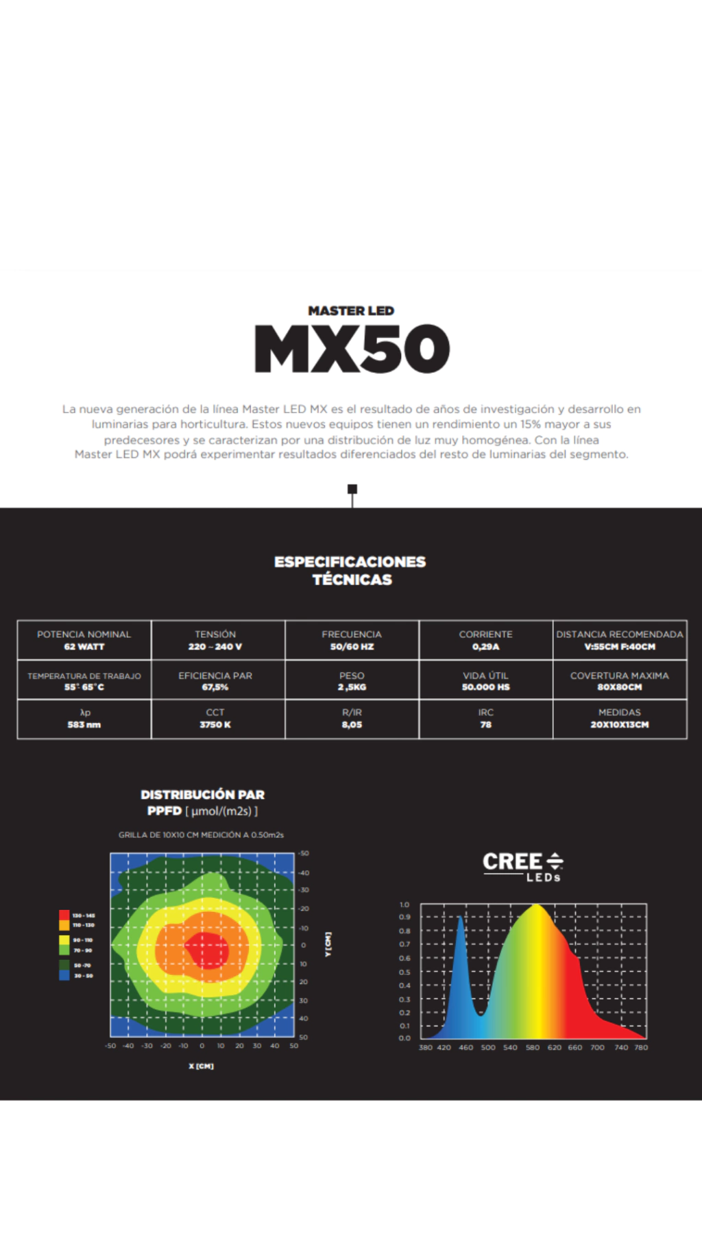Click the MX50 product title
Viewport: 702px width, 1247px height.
pyautogui.click(x=352, y=349)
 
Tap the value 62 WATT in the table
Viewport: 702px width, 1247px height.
pyautogui.click(x=84, y=647)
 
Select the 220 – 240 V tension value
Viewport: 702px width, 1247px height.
pyautogui.click(x=215, y=647)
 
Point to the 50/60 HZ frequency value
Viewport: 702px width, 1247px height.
pyautogui.click(x=352, y=647)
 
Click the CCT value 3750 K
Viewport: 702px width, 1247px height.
pyautogui.click(x=215, y=725)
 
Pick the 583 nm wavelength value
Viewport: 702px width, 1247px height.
pyautogui.click(x=84, y=725)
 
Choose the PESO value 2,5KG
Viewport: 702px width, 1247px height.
pyautogui.click(x=352, y=687)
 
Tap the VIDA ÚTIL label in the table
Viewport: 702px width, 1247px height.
pyautogui.click(x=485, y=676)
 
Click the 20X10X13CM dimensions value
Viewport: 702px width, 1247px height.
pyautogui.click(x=619, y=725)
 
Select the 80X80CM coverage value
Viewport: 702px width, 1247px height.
pyautogui.click(x=619, y=687)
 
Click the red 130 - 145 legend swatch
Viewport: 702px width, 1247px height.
pyautogui.click(x=64, y=915)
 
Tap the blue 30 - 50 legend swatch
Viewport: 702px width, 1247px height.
pyautogui.click(x=64, y=975)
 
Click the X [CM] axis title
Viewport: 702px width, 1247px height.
pyautogui.click(x=202, y=1066)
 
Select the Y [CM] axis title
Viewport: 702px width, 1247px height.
pyautogui.click(x=328, y=944)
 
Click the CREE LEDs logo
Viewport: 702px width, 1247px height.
pyautogui.click(x=523, y=866)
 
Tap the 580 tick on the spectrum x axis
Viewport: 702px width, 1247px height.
pyautogui.click(x=533, y=1048)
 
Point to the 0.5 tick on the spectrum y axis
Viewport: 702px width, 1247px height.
pyautogui.click(x=404, y=972)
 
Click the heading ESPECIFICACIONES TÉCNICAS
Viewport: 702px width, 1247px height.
pyautogui.click(x=350, y=571)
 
